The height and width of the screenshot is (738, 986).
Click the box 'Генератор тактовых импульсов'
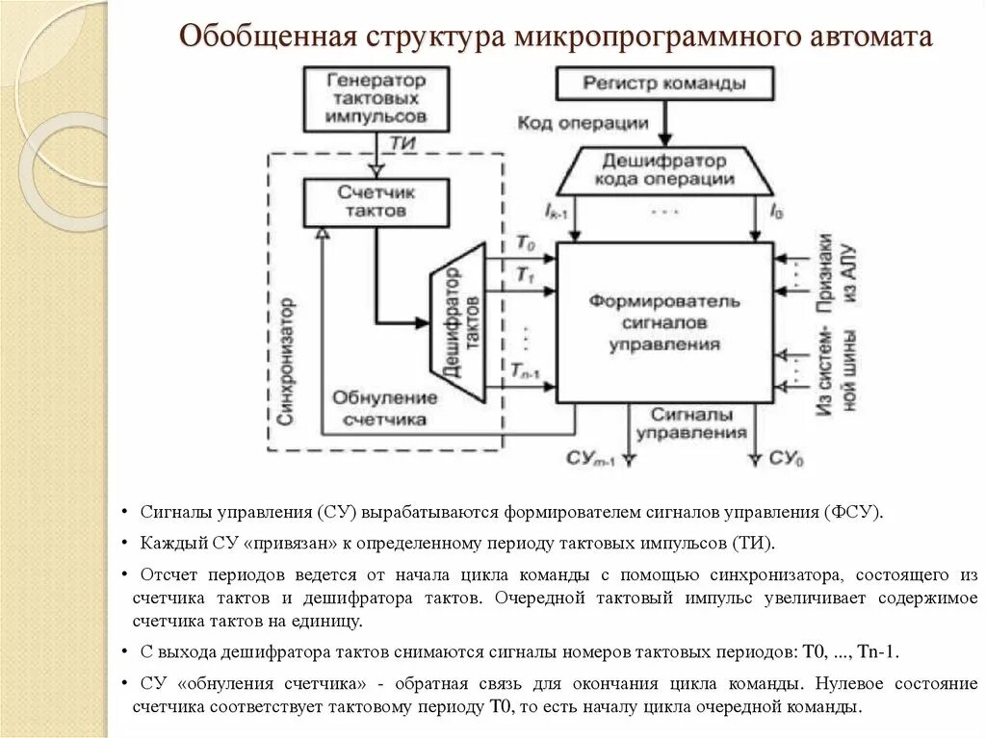pyautogui.click(x=376, y=98)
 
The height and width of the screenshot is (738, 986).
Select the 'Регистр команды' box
pyautogui.click(x=663, y=84)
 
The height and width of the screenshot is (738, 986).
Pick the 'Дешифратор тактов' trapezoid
pyautogui.click(x=456, y=323)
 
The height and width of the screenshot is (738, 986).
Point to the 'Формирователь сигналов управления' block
pyautogui.click(x=664, y=322)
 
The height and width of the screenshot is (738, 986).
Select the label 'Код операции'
pyautogui.click(x=583, y=122)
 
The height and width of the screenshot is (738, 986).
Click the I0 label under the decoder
pyautogui.click(x=775, y=210)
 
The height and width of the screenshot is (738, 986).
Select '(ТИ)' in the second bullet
pyautogui.click(x=753, y=542)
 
